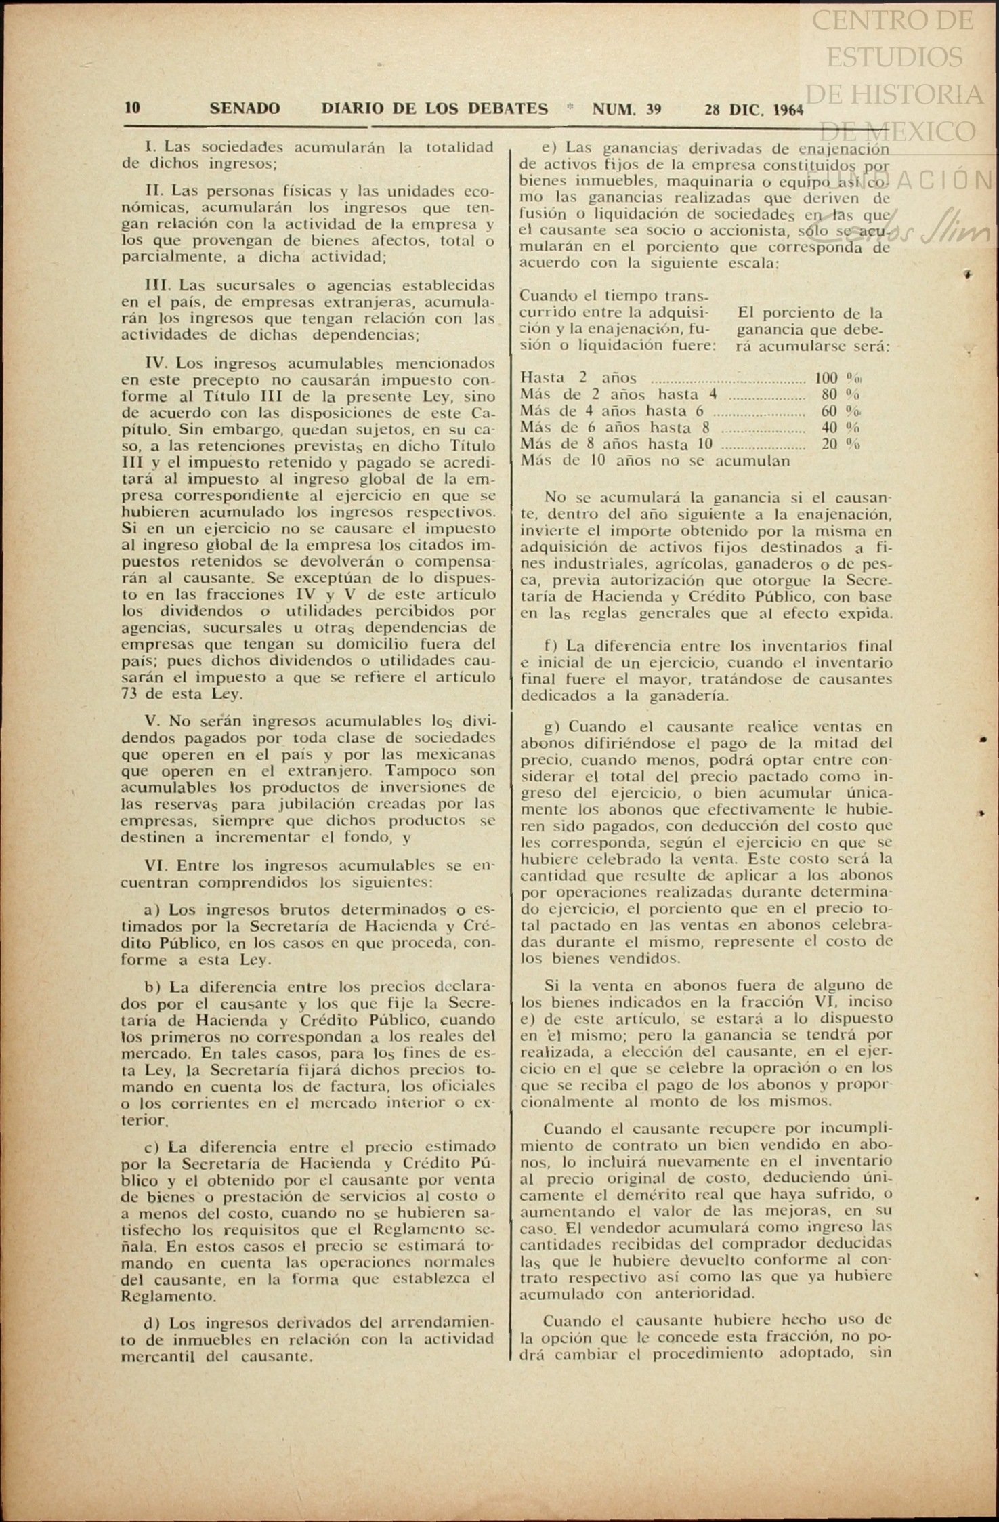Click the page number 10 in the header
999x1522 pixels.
point(132,108)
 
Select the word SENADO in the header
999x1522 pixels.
point(245,108)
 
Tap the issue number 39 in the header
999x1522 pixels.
point(653,109)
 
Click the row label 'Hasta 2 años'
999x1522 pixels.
point(578,378)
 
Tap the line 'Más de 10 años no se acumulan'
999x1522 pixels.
point(655,461)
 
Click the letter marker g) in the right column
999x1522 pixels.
point(553,727)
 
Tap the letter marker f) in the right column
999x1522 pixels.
point(551,646)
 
